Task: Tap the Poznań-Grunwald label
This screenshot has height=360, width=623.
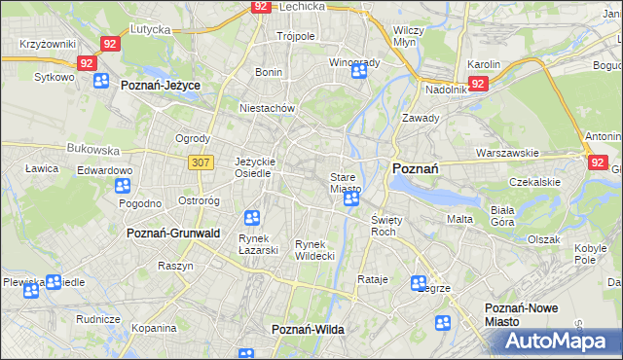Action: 173,234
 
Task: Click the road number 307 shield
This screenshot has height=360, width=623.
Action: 202,162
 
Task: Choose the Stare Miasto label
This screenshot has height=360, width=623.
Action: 346,183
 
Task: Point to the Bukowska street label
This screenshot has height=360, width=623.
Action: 92,151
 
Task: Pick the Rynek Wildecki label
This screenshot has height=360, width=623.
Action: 315,249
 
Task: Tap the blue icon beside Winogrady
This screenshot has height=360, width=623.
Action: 359,70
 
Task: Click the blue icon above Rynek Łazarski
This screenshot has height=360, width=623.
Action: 252,217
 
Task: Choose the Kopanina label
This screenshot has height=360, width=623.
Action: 154,330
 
